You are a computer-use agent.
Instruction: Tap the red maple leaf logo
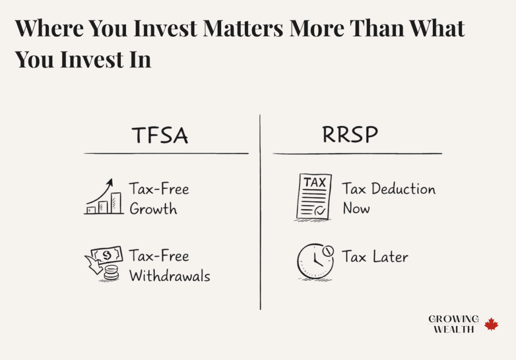click(x=491, y=324)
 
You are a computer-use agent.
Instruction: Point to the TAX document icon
click(x=313, y=197)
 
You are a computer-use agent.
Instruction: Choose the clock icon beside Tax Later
click(x=315, y=261)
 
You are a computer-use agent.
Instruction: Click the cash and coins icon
click(x=104, y=263)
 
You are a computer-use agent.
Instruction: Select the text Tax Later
click(x=375, y=257)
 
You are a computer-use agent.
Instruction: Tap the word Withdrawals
click(x=169, y=276)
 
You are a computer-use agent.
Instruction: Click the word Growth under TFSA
click(x=153, y=209)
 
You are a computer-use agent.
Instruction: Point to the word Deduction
click(x=403, y=189)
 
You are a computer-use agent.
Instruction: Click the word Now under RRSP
click(x=356, y=208)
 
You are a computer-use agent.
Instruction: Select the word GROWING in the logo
click(x=454, y=319)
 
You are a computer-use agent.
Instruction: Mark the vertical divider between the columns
click(x=261, y=212)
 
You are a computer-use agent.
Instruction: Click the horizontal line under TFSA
click(x=166, y=153)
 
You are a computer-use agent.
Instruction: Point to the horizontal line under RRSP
click(x=357, y=153)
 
